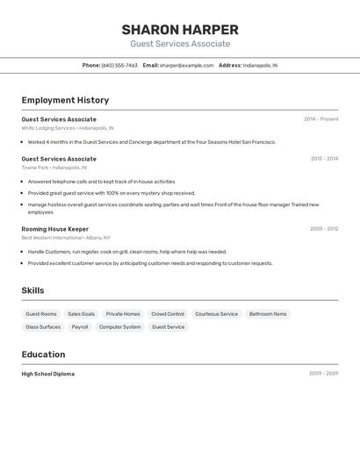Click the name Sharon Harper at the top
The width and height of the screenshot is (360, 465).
(x=180, y=30)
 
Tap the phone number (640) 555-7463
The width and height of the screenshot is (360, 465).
(x=119, y=66)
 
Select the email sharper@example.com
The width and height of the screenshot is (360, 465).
(x=186, y=66)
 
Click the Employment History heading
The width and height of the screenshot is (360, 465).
(x=65, y=100)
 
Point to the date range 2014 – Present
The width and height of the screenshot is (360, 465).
(x=320, y=119)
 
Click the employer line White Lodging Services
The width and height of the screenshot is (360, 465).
(x=68, y=128)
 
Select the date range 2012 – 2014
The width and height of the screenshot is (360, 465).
(x=324, y=159)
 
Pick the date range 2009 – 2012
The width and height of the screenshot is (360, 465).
(x=324, y=229)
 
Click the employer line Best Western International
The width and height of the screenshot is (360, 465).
(x=66, y=238)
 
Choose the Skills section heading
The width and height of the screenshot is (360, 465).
(x=32, y=290)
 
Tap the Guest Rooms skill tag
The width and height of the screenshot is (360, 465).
(x=41, y=314)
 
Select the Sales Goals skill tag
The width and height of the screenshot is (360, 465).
(x=82, y=314)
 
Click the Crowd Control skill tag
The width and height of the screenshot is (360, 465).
(x=168, y=314)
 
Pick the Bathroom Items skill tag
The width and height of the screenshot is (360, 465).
(x=268, y=314)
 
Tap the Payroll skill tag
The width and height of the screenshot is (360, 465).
(x=80, y=327)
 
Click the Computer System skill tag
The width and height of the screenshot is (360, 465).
(x=119, y=327)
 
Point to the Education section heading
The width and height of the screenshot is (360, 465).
(x=43, y=354)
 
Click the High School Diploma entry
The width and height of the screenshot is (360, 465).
(x=48, y=374)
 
